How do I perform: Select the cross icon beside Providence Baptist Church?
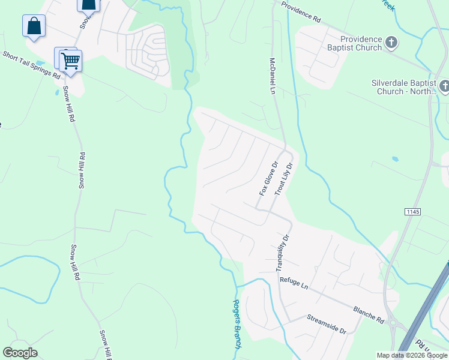391,43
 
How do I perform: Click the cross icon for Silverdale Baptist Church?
444,87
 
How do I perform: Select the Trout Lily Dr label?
284,178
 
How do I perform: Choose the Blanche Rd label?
369,312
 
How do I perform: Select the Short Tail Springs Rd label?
31,65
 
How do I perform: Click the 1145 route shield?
412,212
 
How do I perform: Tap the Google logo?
20,352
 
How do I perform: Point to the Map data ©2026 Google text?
412,355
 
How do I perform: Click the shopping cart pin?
70,60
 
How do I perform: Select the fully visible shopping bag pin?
34,27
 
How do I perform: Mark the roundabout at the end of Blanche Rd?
396,325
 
